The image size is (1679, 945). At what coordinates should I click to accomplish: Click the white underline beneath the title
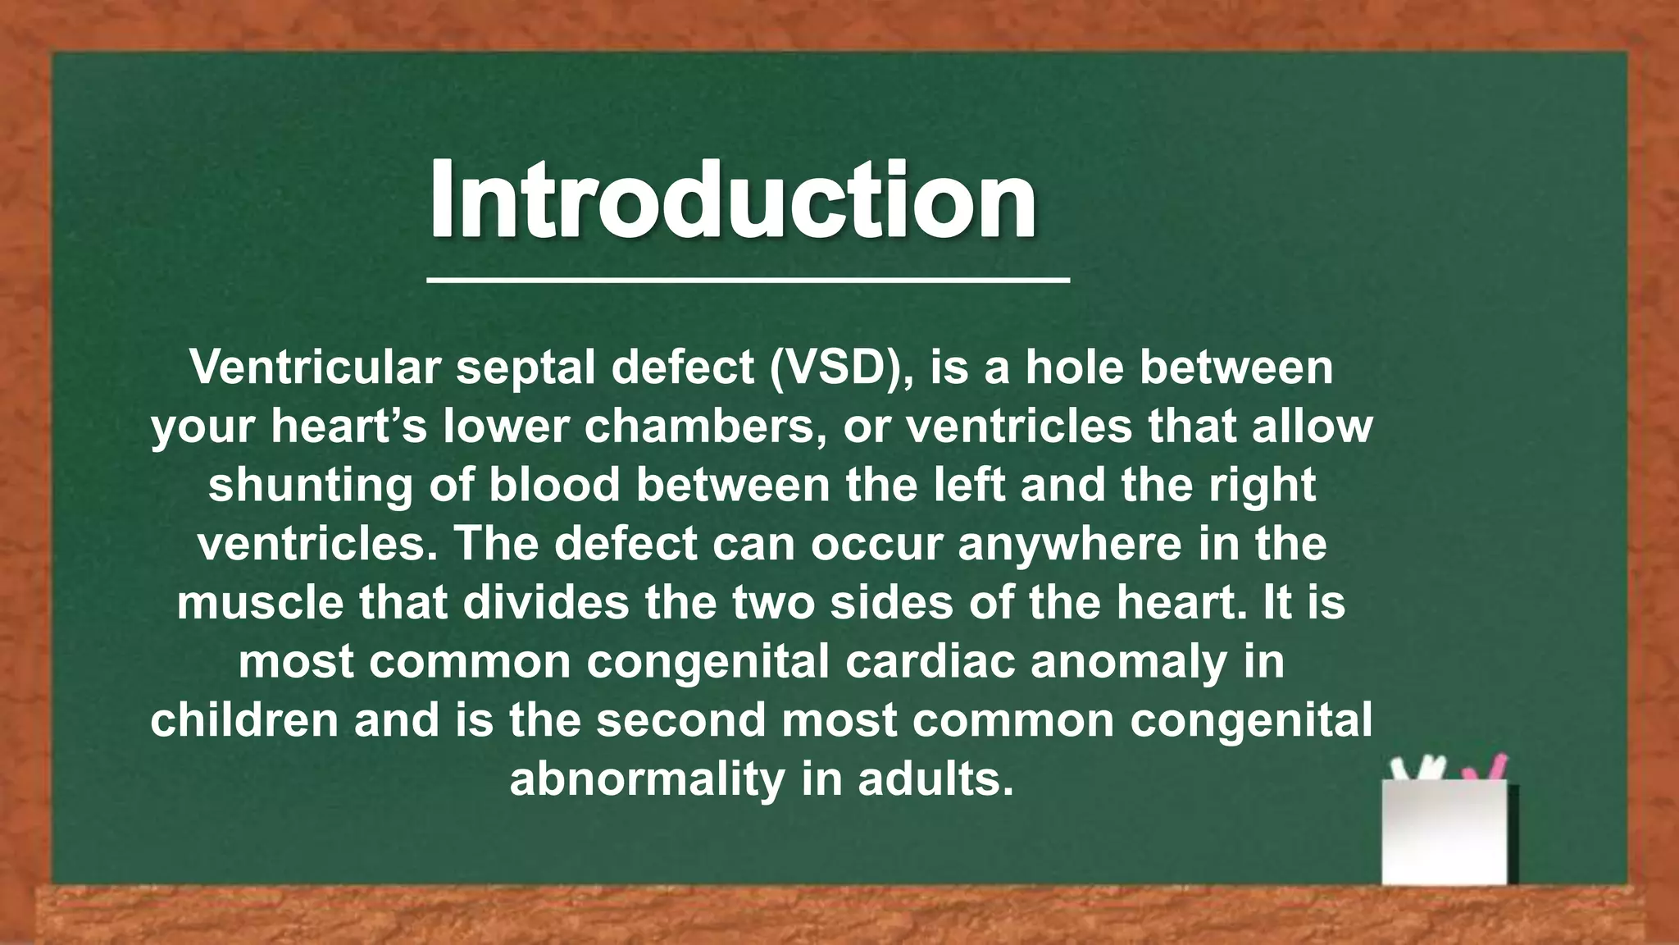(748, 281)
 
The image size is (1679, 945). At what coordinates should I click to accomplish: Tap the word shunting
(311, 485)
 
